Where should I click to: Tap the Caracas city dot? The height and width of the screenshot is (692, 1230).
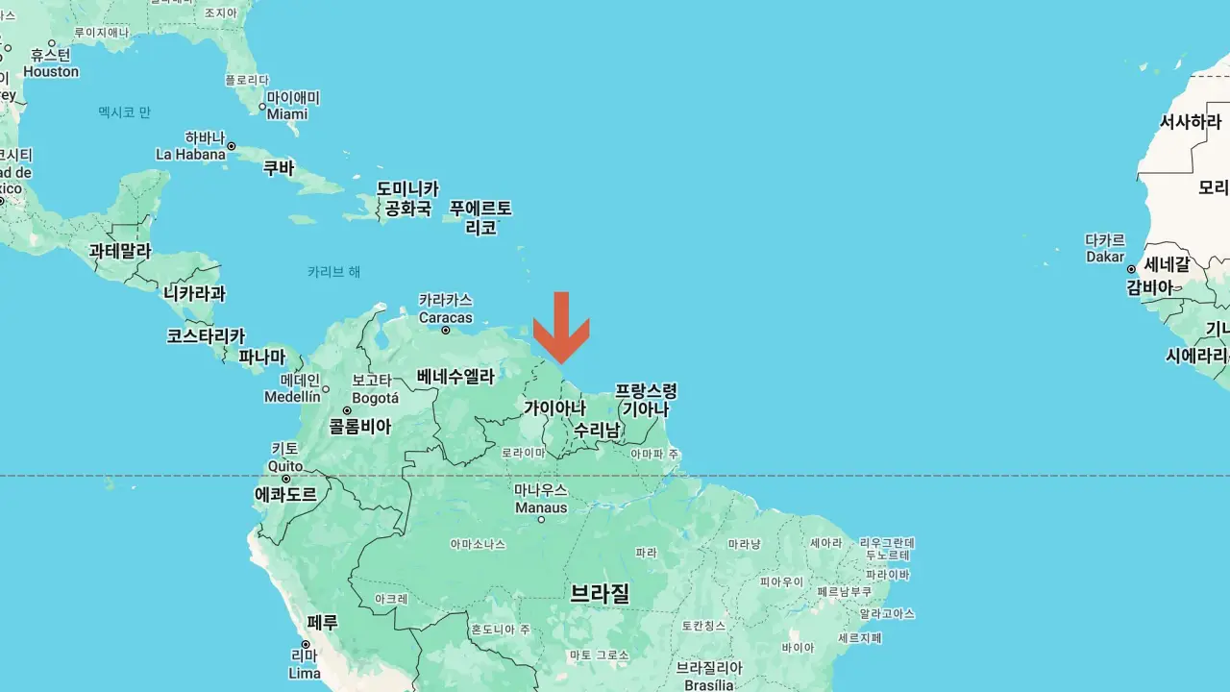tap(446, 331)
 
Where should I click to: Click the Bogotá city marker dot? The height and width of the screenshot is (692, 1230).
tap(347, 410)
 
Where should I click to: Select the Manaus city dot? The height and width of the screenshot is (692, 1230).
tap(541, 520)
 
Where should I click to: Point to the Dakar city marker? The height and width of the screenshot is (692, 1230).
tap(1132, 269)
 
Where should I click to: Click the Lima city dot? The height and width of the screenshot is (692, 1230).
tap(305, 645)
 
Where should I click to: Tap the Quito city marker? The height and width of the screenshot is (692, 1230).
tap(285, 478)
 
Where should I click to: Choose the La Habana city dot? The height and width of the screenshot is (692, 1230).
tap(231, 146)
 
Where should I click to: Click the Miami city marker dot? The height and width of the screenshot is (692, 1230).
tap(262, 107)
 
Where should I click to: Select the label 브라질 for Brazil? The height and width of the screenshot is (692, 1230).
tap(600, 592)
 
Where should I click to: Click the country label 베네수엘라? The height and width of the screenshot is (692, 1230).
tap(455, 377)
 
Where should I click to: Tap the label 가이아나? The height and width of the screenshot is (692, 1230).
tap(554, 408)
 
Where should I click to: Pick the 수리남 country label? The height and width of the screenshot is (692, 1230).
tap(597, 430)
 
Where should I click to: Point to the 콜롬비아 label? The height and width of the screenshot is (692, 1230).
tap(360, 427)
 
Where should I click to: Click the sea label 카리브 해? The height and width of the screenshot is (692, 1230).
tap(334, 272)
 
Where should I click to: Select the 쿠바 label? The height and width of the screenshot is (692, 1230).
tap(279, 168)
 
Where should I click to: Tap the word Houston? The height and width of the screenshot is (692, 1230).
tap(51, 72)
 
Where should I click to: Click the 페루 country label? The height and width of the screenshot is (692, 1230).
tap(323, 623)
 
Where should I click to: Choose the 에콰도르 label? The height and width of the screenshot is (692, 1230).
tap(285, 495)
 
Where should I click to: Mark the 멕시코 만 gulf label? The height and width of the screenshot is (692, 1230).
tap(125, 112)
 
